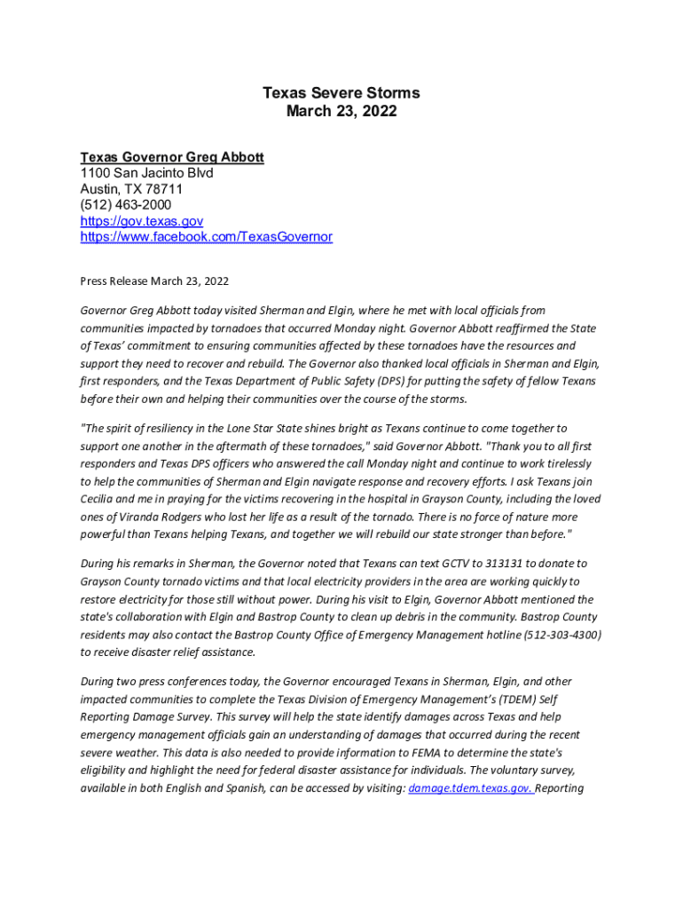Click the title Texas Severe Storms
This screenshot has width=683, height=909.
(341, 93)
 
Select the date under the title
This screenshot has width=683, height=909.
(341, 112)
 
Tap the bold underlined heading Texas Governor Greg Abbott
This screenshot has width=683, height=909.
(172, 157)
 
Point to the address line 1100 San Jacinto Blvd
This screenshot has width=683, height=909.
(146, 173)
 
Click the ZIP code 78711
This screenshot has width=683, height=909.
(161, 189)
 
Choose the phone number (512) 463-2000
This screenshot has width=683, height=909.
(126, 205)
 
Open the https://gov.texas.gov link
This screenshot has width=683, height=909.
(142, 221)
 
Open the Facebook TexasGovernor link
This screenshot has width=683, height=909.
(207, 237)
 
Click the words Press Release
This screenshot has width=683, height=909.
(113, 281)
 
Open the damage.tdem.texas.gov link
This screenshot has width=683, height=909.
(469, 788)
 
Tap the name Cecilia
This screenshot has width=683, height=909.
(99, 499)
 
